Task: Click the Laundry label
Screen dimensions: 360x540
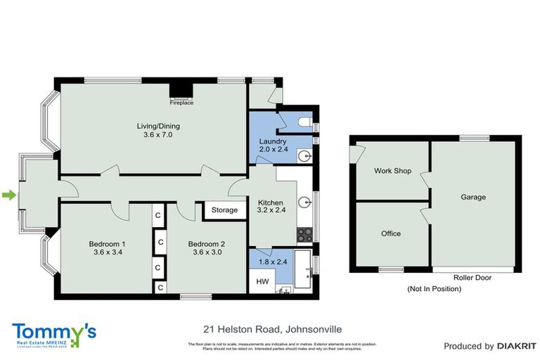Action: point(273,141)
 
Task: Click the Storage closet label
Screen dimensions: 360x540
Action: point(224,210)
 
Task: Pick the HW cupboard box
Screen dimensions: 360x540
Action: point(262,281)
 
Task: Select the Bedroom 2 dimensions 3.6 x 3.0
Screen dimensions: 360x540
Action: point(205,252)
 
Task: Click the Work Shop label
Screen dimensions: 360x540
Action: point(392,171)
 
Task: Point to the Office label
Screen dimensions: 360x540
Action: point(390,233)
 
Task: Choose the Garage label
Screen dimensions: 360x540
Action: point(473,198)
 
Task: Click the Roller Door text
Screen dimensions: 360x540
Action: point(472,278)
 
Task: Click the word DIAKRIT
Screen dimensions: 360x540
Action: point(517,346)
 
